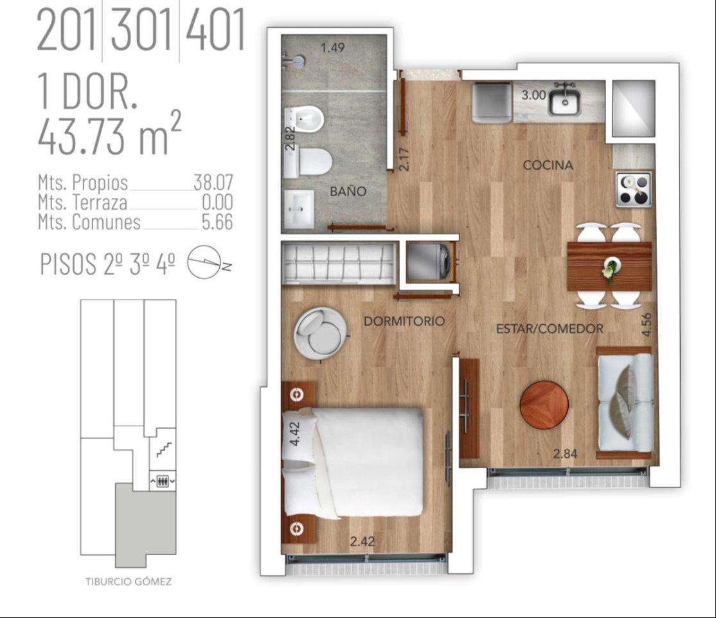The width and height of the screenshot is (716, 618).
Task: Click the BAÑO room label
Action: [348, 191]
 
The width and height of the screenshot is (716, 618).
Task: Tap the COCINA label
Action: [548, 165]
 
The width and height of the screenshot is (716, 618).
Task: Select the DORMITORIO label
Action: [404, 321]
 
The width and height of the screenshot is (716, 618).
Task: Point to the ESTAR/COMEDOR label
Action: [550, 329]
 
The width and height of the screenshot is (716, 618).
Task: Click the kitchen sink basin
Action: [565, 102]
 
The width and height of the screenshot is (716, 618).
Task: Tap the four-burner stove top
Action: [634, 189]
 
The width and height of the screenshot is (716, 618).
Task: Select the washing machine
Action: [429, 262]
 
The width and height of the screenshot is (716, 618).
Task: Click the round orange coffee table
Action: [544, 404]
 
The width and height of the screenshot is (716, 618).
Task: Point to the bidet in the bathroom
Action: [303, 120]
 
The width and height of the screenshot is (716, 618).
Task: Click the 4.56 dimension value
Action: [646, 325]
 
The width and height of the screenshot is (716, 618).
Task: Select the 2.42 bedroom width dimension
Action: [362, 541]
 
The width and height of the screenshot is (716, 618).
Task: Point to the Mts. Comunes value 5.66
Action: [217, 222]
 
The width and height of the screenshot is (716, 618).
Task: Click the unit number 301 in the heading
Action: [141, 31]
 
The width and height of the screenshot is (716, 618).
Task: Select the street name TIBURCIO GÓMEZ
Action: [129, 581]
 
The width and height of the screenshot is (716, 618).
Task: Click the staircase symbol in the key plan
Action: [163, 449]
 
